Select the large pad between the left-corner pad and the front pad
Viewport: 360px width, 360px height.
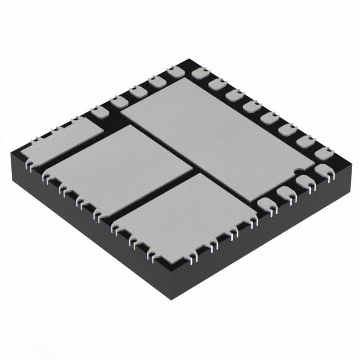pos(118,169)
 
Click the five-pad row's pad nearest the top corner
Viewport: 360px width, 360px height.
pos(174,72)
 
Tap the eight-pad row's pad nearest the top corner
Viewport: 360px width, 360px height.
pos(200,73)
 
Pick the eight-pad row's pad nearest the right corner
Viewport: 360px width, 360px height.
pos(324,152)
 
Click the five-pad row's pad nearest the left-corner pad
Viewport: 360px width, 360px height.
pos(100,111)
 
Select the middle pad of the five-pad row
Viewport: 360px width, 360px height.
pos(137,91)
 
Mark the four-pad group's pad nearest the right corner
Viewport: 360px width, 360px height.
pos(323,170)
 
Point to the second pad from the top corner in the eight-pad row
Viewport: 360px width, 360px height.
pos(217,84)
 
